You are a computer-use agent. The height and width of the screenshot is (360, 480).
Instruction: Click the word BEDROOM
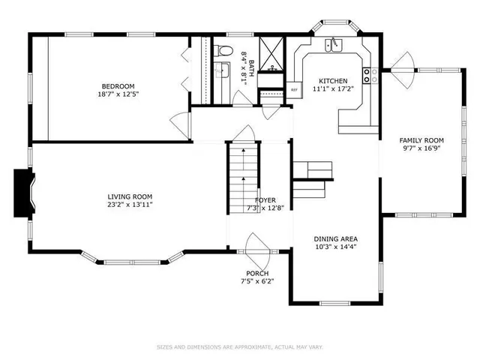(x=118, y=85)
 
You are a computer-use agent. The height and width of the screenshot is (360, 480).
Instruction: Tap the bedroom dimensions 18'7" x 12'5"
(x=118, y=94)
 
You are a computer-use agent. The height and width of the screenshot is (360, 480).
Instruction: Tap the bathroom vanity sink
(x=221, y=71)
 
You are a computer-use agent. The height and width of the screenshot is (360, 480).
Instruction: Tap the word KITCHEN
(x=332, y=81)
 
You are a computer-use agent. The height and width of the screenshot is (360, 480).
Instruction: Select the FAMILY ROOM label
(x=421, y=140)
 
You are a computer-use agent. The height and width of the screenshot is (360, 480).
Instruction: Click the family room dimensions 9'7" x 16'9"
(x=421, y=148)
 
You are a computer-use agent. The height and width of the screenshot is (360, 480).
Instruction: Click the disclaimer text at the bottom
(x=239, y=346)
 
